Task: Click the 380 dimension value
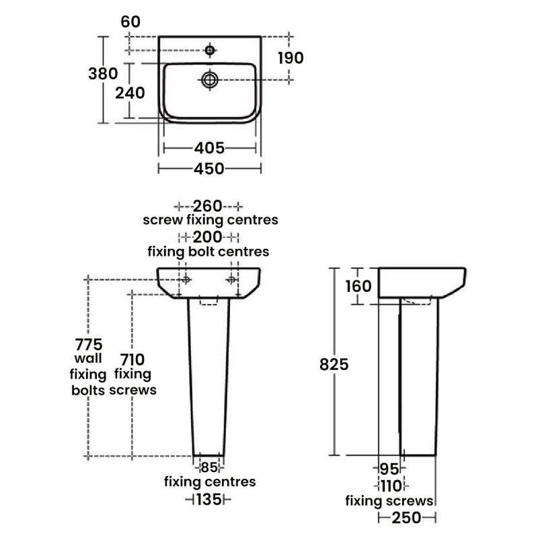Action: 103,74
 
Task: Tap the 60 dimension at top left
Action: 130,22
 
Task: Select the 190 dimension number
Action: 291,58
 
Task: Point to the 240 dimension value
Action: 130,93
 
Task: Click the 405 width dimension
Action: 209,148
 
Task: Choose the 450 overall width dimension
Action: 209,169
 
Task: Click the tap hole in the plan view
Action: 210,50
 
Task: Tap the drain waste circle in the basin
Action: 210,80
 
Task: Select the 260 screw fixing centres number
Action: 208,206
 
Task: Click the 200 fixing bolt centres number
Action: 208,237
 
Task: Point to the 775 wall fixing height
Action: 89,344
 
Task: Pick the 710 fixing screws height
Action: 132,360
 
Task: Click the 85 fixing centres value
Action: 209,467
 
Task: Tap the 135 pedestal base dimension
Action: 209,500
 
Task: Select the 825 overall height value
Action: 334,364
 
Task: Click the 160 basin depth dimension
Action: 358,286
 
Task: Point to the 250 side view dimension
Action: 407,518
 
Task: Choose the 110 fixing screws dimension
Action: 391,486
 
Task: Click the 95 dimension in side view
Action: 390,469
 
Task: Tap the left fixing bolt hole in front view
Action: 186,280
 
